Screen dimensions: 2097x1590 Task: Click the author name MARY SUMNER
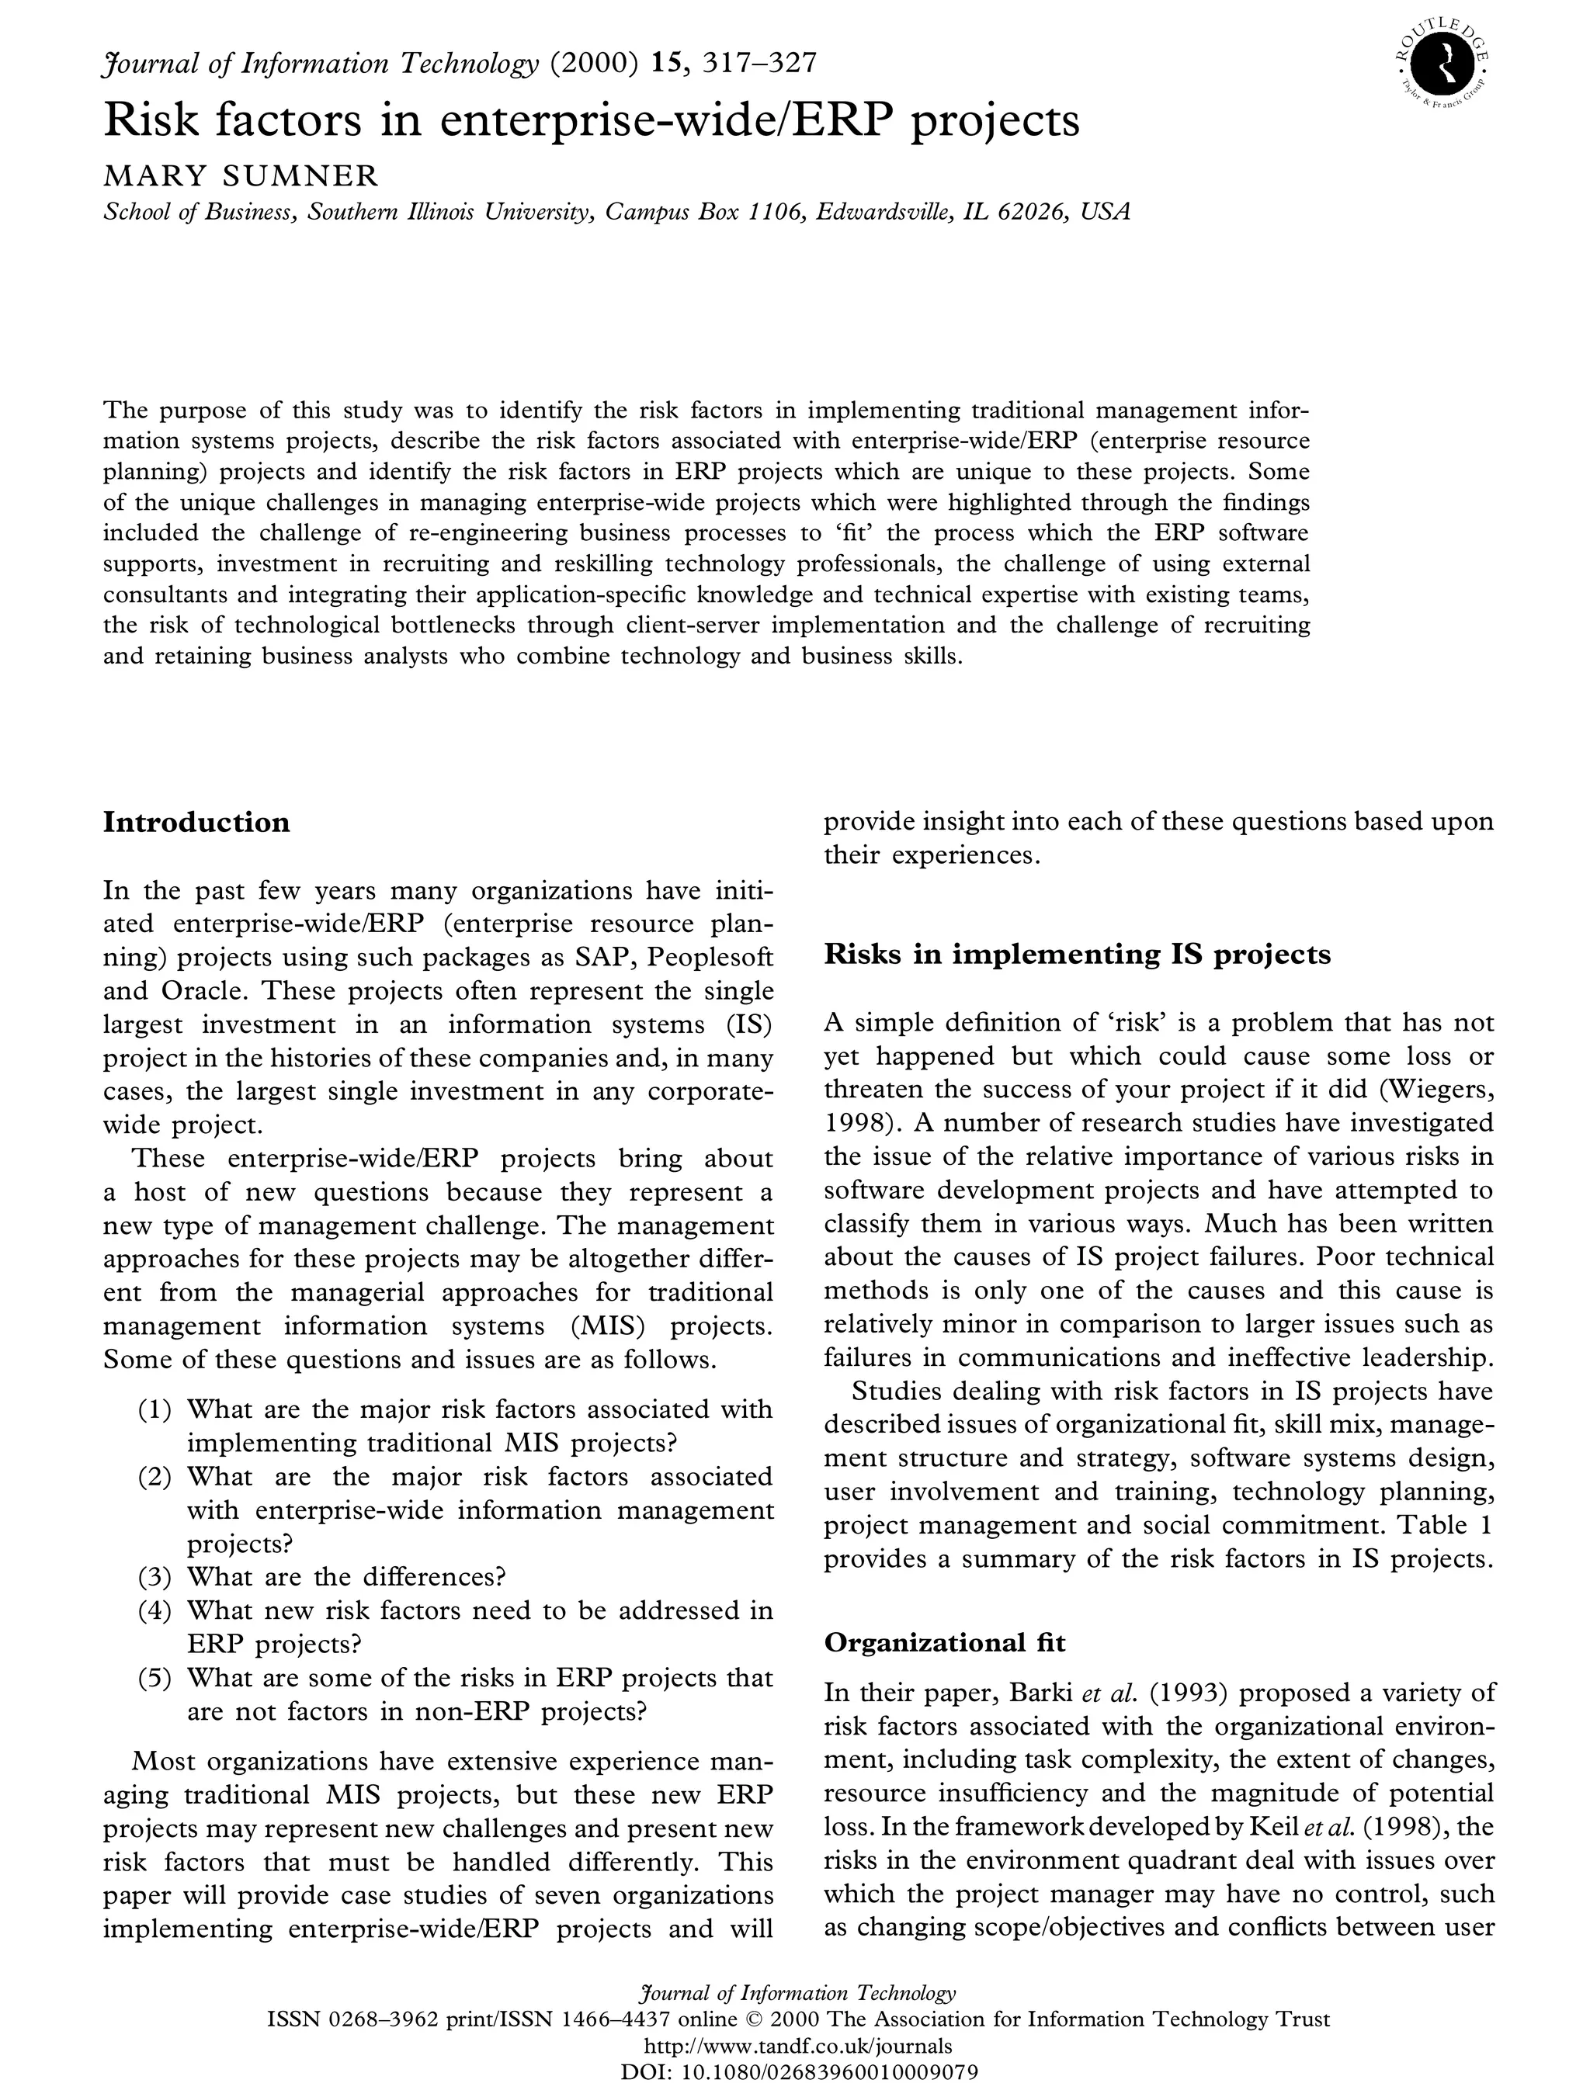pyautogui.click(x=241, y=176)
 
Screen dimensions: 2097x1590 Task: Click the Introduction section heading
pyautogui.click(x=196, y=822)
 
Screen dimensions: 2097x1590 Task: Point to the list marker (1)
pyautogui.click(x=154, y=1409)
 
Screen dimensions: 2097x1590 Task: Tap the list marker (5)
pyautogui.click(x=154, y=1678)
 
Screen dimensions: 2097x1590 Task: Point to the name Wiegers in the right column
pyautogui.click(x=1432, y=1090)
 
